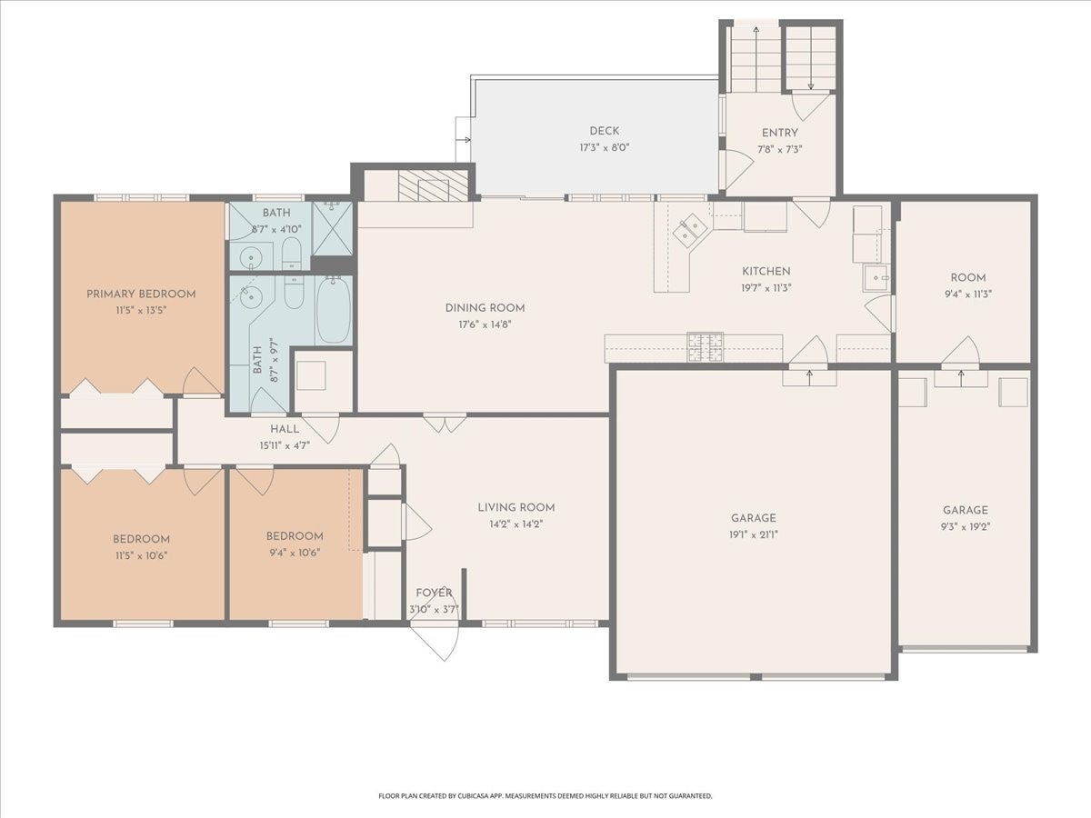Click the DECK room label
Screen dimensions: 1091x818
click(x=604, y=131)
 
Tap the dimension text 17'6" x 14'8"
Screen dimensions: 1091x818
click(x=485, y=324)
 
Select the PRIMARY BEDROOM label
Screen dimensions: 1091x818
click(x=141, y=294)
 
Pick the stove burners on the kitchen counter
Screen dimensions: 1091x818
click(x=706, y=346)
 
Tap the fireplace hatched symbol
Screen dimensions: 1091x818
click(x=433, y=185)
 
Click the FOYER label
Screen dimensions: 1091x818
click(x=434, y=593)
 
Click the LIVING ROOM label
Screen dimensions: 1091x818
click(x=515, y=507)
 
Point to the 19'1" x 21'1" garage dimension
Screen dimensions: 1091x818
click(x=753, y=535)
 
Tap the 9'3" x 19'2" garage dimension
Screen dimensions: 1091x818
click(x=966, y=527)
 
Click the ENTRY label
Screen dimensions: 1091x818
click(x=779, y=133)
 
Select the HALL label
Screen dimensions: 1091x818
click(x=285, y=429)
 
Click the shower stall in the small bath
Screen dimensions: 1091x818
click(x=332, y=228)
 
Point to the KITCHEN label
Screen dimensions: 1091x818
click(x=766, y=272)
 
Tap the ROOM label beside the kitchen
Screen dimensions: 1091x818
click(x=967, y=278)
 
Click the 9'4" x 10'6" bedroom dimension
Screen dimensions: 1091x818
click(x=295, y=553)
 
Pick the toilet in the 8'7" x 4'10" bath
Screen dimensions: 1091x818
click(x=291, y=254)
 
